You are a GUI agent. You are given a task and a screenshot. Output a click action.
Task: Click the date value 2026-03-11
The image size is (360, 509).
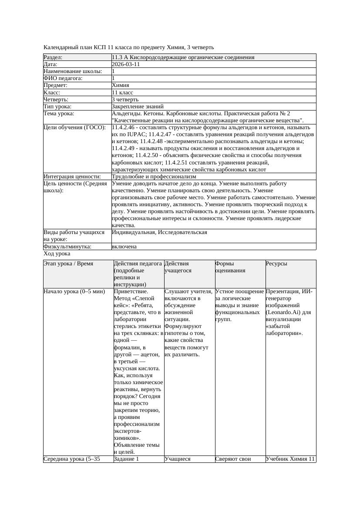pyautogui.click(x=126, y=64)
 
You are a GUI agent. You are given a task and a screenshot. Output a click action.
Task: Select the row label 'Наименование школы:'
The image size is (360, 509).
pyautogui.click(x=73, y=71)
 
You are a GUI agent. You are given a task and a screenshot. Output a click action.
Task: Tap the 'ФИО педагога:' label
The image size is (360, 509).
pyautogui.click(x=63, y=78)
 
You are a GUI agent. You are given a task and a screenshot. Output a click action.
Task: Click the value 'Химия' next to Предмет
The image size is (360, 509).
pyautogui.click(x=120, y=85)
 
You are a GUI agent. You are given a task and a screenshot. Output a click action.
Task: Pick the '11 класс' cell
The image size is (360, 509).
pyautogui.click(x=122, y=93)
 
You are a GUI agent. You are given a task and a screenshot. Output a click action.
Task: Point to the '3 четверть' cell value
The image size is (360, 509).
pyautogui.click(x=125, y=100)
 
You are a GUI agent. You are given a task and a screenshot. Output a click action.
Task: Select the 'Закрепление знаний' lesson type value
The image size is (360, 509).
pyautogui.click(x=138, y=107)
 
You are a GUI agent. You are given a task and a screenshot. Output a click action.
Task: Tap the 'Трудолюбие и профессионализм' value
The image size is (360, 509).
pyautogui.click(x=154, y=177)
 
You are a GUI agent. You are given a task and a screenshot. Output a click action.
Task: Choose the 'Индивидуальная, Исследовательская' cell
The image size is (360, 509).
pyautogui.click(x=159, y=232)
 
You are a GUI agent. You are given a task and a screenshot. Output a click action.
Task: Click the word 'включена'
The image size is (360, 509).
pyautogui.click(x=124, y=247)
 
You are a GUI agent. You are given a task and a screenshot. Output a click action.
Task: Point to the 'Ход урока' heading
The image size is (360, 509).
pyautogui.click(x=57, y=254)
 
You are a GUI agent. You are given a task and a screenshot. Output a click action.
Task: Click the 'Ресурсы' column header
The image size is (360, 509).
pyautogui.click(x=276, y=264)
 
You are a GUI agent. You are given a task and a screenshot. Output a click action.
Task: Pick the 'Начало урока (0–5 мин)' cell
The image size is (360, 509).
pyautogui.click(x=74, y=291)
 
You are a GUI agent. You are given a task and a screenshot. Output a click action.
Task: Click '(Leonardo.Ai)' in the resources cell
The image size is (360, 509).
pyautogui.click(x=284, y=312)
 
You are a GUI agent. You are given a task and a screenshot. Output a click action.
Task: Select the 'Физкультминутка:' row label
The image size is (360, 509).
pyautogui.click(x=67, y=247)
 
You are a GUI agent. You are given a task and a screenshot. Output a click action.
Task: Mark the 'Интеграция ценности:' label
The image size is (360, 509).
pyautogui.click(x=72, y=177)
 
